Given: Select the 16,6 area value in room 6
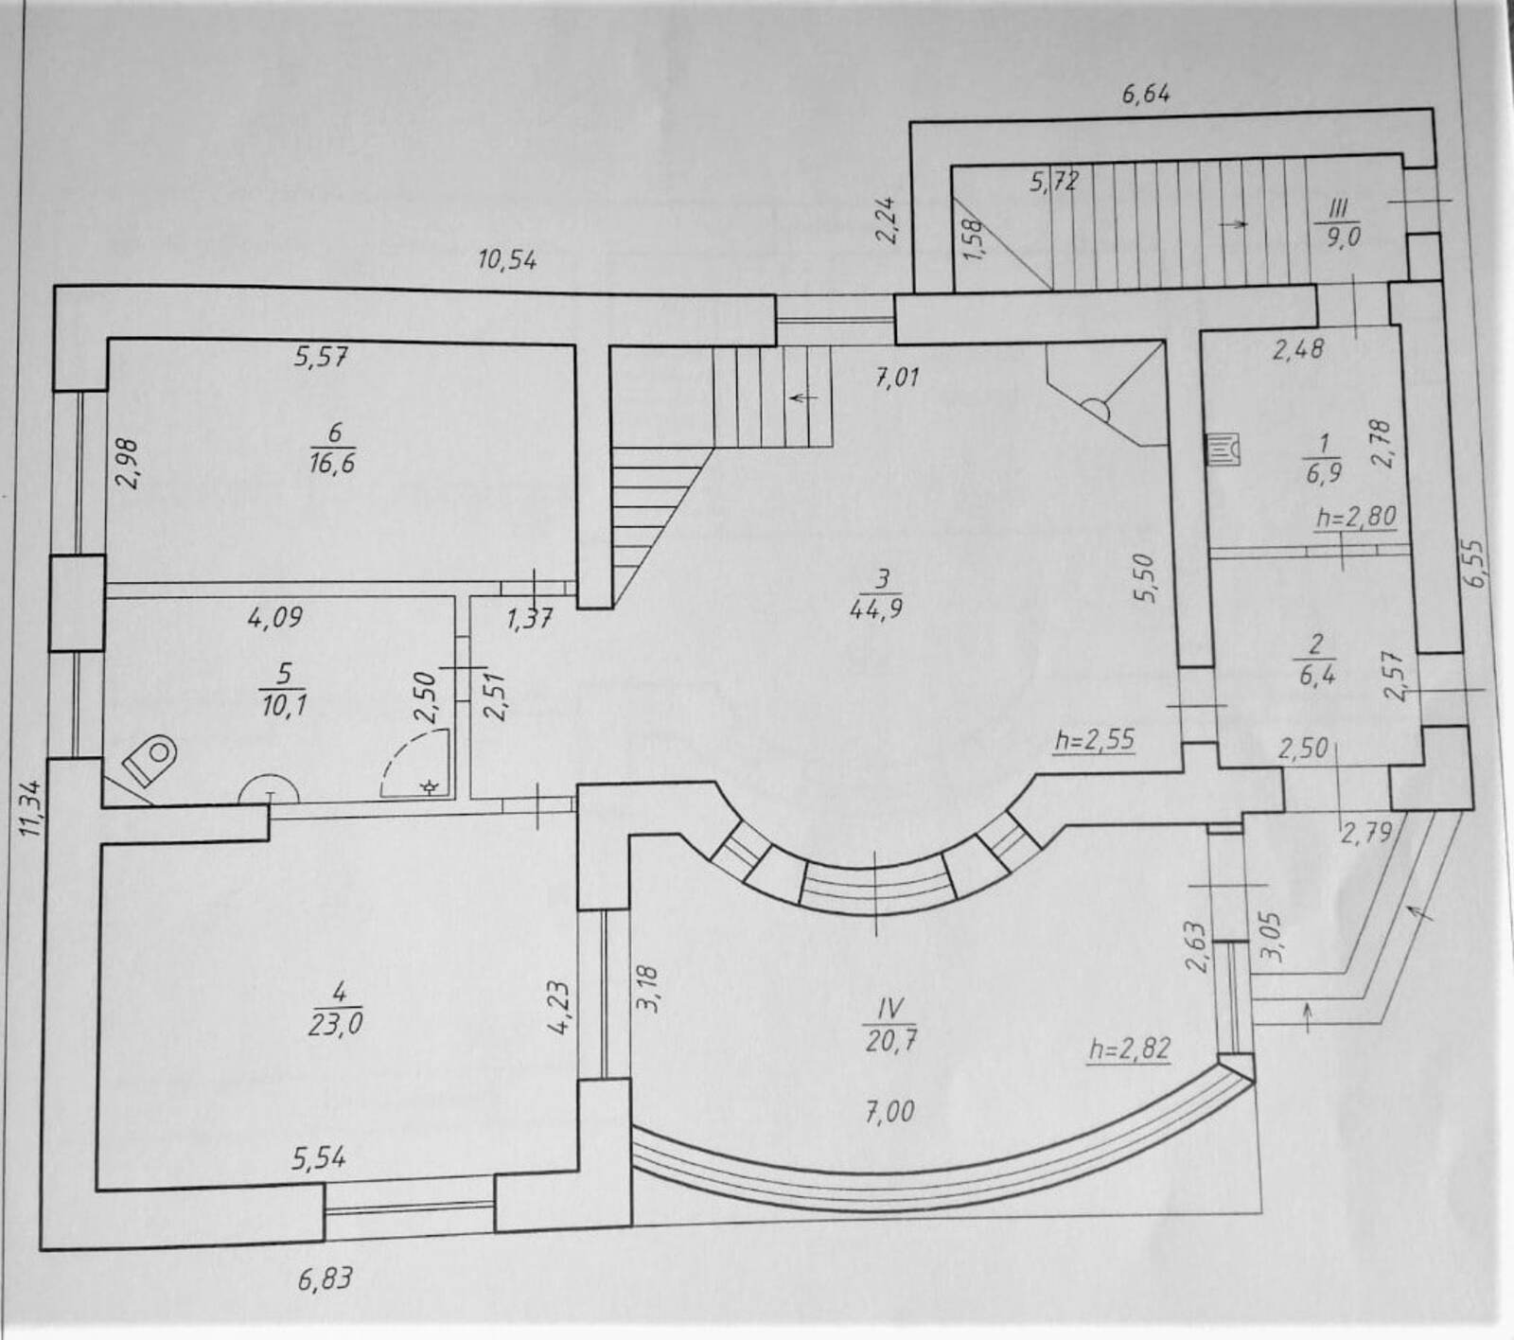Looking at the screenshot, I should point(333,464).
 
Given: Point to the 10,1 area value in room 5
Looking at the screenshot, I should point(285,706).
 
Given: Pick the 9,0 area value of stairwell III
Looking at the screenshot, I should point(1342,238).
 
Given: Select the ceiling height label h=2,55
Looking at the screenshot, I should point(1093,738).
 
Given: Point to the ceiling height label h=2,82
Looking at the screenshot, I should point(1129,1049).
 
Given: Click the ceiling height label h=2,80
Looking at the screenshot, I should point(1356,518).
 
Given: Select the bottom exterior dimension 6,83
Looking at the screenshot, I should point(325,1279).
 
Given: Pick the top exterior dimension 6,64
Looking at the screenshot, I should point(1146,94).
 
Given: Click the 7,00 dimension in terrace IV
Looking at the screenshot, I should point(889,1111).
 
